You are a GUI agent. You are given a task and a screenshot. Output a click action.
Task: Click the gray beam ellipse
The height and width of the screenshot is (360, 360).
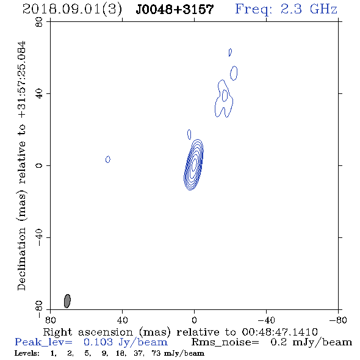tap(67, 301)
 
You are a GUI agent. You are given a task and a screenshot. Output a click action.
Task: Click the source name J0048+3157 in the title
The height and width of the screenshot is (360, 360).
tap(175, 10)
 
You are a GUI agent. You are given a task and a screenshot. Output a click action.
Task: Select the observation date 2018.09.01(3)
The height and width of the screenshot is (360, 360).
tap(73, 10)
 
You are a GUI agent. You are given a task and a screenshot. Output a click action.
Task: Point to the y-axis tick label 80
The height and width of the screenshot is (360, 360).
tap(39, 22)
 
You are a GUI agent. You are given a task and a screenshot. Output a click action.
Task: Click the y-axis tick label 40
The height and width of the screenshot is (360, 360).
tap(39, 94)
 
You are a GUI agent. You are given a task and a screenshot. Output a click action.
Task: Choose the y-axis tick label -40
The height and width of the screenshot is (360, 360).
tap(39, 237)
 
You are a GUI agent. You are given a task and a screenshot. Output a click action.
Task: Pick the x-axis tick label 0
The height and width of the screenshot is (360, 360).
tap(194, 320)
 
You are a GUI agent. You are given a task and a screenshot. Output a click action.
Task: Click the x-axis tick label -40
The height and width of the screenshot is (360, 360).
tap(266, 320)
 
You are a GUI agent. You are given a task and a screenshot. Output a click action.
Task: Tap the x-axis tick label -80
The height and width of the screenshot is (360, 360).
tap(338, 320)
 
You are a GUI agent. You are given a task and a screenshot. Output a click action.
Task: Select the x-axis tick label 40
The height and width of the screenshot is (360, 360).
tap(123, 320)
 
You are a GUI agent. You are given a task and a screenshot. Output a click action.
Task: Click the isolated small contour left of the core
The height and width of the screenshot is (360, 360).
tap(107, 159)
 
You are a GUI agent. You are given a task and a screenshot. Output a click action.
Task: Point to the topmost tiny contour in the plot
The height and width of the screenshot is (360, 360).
tap(230, 52)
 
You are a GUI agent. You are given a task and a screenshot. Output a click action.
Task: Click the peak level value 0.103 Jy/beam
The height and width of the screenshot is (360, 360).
tap(126, 342)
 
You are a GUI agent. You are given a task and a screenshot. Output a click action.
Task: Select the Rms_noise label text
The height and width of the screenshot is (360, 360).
tap(225, 342)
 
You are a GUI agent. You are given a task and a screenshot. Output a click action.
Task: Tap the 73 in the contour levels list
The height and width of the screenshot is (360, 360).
tap(156, 353)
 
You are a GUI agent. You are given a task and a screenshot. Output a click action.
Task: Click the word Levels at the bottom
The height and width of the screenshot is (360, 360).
tap(27, 353)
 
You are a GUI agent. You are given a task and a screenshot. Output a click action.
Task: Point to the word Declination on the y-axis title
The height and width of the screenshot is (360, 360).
tap(21, 259)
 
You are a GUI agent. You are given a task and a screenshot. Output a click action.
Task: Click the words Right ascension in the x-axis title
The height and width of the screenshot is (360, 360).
tap(88, 332)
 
